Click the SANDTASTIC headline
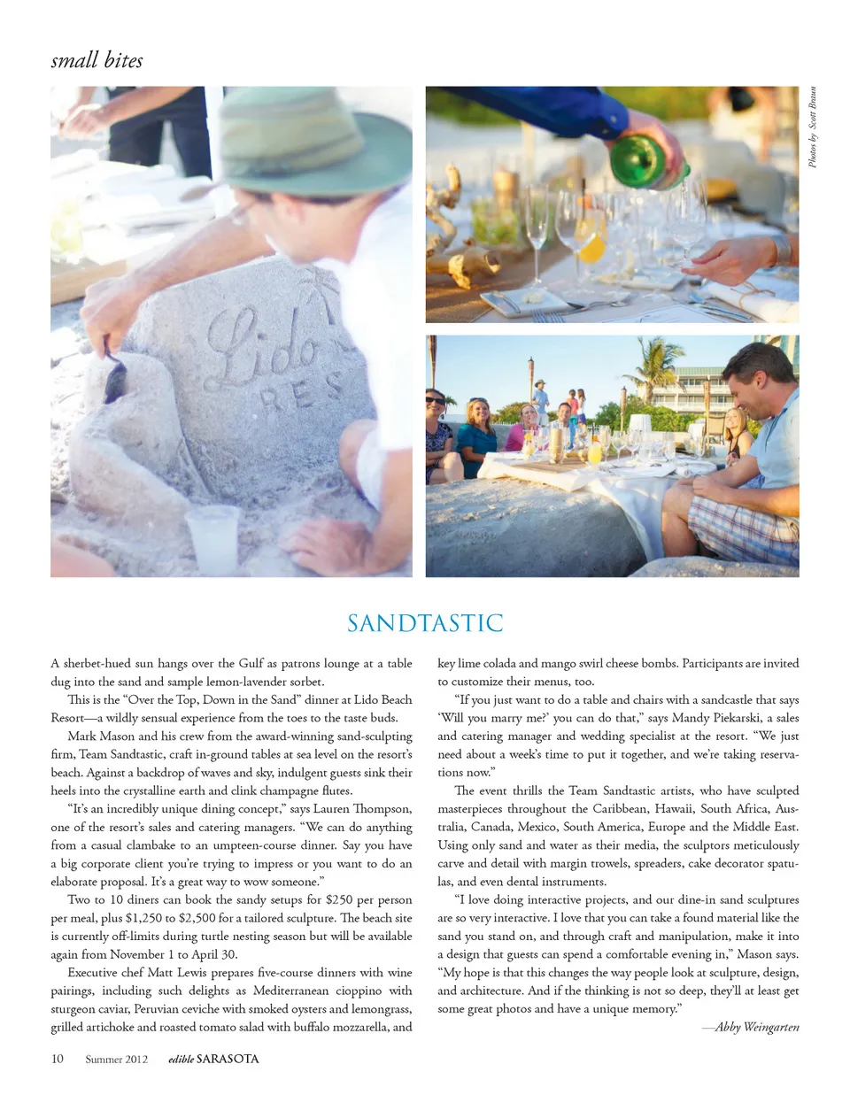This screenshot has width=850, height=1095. [x=424, y=623]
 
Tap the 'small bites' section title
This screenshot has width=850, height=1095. [x=97, y=60]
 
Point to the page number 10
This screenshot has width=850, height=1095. [x=58, y=1059]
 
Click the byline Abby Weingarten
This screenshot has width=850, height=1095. [x=756, y=1027]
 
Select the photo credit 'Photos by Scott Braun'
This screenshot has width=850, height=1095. [x=812, y=127]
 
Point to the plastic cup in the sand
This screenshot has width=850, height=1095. [x=212, y=537]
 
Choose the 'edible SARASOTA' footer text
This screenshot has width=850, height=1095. [x=213, y=1059]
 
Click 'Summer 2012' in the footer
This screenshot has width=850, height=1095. [x=116, y=1059]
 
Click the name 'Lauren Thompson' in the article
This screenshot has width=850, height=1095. [x=363, y=808]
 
